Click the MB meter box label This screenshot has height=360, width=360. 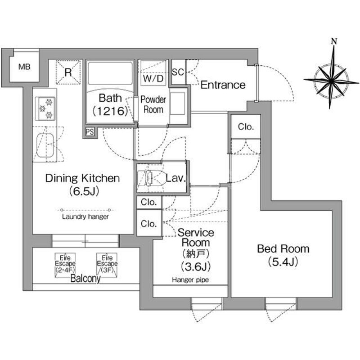point(24,67)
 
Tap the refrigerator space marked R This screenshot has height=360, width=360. point(68,71)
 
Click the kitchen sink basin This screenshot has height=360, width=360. point(45,145)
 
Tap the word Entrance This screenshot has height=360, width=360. point(223,85)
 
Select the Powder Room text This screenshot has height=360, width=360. point(153,104)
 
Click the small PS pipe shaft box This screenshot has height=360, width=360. point(90,132)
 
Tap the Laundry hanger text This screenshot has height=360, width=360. point(85,216)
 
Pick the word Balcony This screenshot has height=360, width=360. point(85,279)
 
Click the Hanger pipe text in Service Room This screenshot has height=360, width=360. point(190,280)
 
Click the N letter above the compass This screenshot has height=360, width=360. point(333,41)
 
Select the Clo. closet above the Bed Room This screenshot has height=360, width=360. point(245,127)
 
